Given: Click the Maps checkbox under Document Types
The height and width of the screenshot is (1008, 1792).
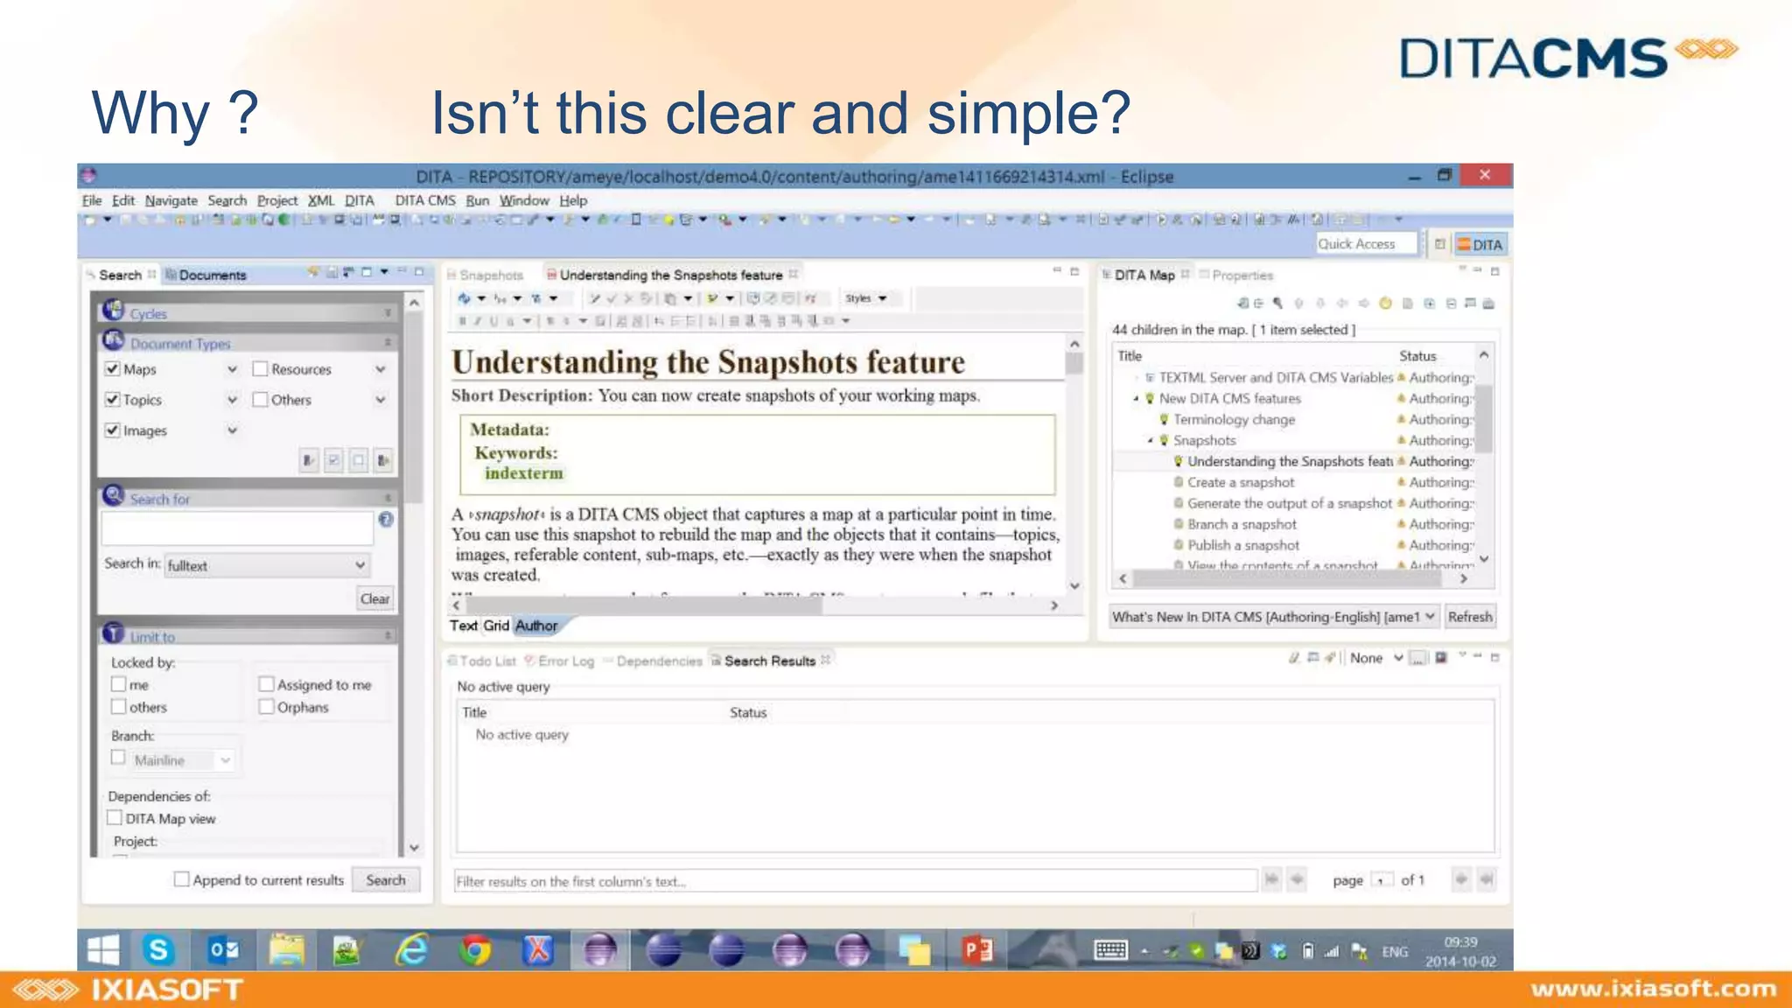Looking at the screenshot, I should tap(113, 369).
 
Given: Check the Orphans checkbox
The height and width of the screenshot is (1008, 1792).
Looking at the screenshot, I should tap(267, 707).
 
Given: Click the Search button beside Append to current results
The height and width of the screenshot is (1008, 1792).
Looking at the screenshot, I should tap(385, 880).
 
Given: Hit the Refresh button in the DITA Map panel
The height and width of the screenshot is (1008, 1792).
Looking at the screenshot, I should tap(1469, 617).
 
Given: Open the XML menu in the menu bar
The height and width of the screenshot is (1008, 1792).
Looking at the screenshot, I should tap(321, 200).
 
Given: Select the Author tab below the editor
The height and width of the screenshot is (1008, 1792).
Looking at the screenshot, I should tap(535, 626).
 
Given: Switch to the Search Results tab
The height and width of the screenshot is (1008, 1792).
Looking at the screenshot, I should tap(769, 661).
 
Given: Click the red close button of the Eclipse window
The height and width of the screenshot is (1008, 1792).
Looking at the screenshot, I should tap(1485, 175).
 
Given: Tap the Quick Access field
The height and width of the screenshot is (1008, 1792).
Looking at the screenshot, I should tap(1365, 244).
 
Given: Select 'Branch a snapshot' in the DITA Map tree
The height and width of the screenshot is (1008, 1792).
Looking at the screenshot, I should tap(1242, 524).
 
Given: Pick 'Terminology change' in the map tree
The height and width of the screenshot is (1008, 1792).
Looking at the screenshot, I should tap(1234, 419).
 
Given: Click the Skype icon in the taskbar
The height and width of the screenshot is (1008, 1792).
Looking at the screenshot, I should tap(158, 949).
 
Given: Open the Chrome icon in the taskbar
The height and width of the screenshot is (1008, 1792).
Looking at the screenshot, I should tap(475, 949).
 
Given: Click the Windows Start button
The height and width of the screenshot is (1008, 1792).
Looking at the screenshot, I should tap(103, 949).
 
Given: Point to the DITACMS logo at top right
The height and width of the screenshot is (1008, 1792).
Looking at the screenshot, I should tap(1567, 57).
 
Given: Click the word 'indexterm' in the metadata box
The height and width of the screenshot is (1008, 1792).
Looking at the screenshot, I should tap(523, 473).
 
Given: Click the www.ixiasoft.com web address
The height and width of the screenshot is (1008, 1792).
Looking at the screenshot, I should tap(1653, 989).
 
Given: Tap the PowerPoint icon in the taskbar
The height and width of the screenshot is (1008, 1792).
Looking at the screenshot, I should tap(977, 949).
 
